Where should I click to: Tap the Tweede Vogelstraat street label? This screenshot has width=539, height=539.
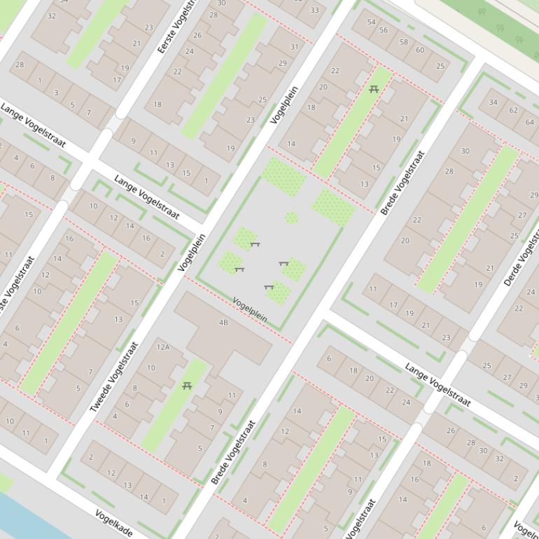(115, 377)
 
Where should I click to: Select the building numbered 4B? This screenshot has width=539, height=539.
(223, 323)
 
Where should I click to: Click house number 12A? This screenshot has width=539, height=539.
(163, 346)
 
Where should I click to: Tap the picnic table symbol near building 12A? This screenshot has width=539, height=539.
(187, 386)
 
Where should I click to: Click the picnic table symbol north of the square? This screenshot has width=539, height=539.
(373, 89)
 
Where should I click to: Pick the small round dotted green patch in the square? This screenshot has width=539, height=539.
(291, 218)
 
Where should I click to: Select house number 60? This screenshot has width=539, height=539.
(420, 50)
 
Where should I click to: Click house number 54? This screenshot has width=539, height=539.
(372, 22)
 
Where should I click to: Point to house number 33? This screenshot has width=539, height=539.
(314, 10)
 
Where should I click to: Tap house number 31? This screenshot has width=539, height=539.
(294, 47)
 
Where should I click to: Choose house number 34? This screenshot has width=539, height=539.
(493, 102)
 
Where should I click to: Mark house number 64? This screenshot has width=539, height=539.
(530, 122)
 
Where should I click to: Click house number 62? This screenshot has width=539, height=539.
(513, 110)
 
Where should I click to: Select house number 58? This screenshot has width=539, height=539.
(403, 42)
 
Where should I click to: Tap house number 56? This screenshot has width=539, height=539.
(384, 29)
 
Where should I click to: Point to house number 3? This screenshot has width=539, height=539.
(56, 92)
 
